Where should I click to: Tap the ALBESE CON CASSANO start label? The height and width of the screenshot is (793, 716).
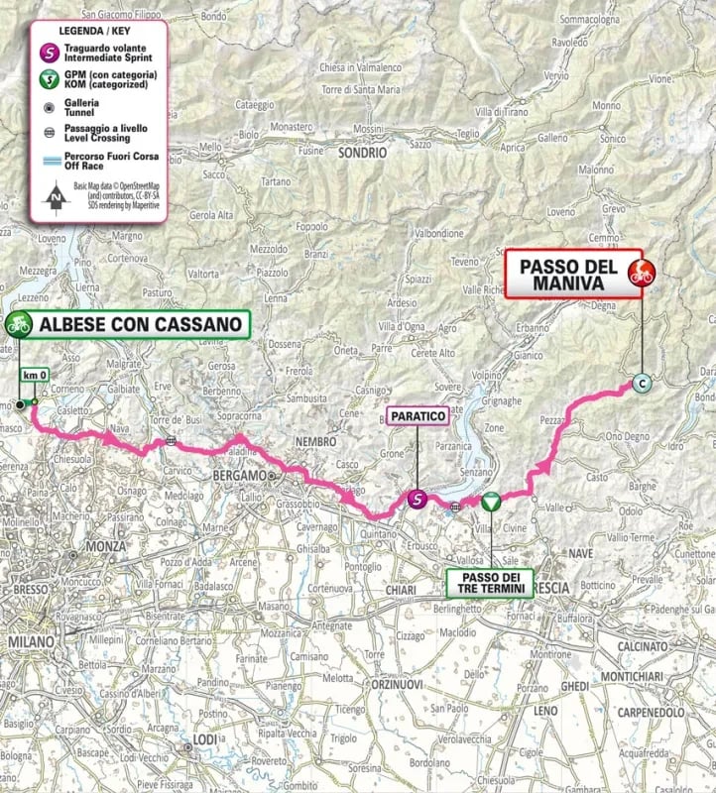click(x=140, y=323)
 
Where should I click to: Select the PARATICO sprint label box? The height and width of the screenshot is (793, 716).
click(x=418, y=418)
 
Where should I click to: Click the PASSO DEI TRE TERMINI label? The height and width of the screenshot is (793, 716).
click(x=490, y=581)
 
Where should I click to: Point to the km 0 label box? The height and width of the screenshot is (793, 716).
click(x=35, y=377)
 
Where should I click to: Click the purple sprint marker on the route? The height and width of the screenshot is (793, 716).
click(x=418, y=500)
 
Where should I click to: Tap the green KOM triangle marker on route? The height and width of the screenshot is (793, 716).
click(x=490, y=503)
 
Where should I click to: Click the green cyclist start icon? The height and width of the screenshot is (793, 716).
click(x=18, y=322)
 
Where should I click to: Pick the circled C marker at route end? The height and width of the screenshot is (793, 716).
click(x=642, y=384)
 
